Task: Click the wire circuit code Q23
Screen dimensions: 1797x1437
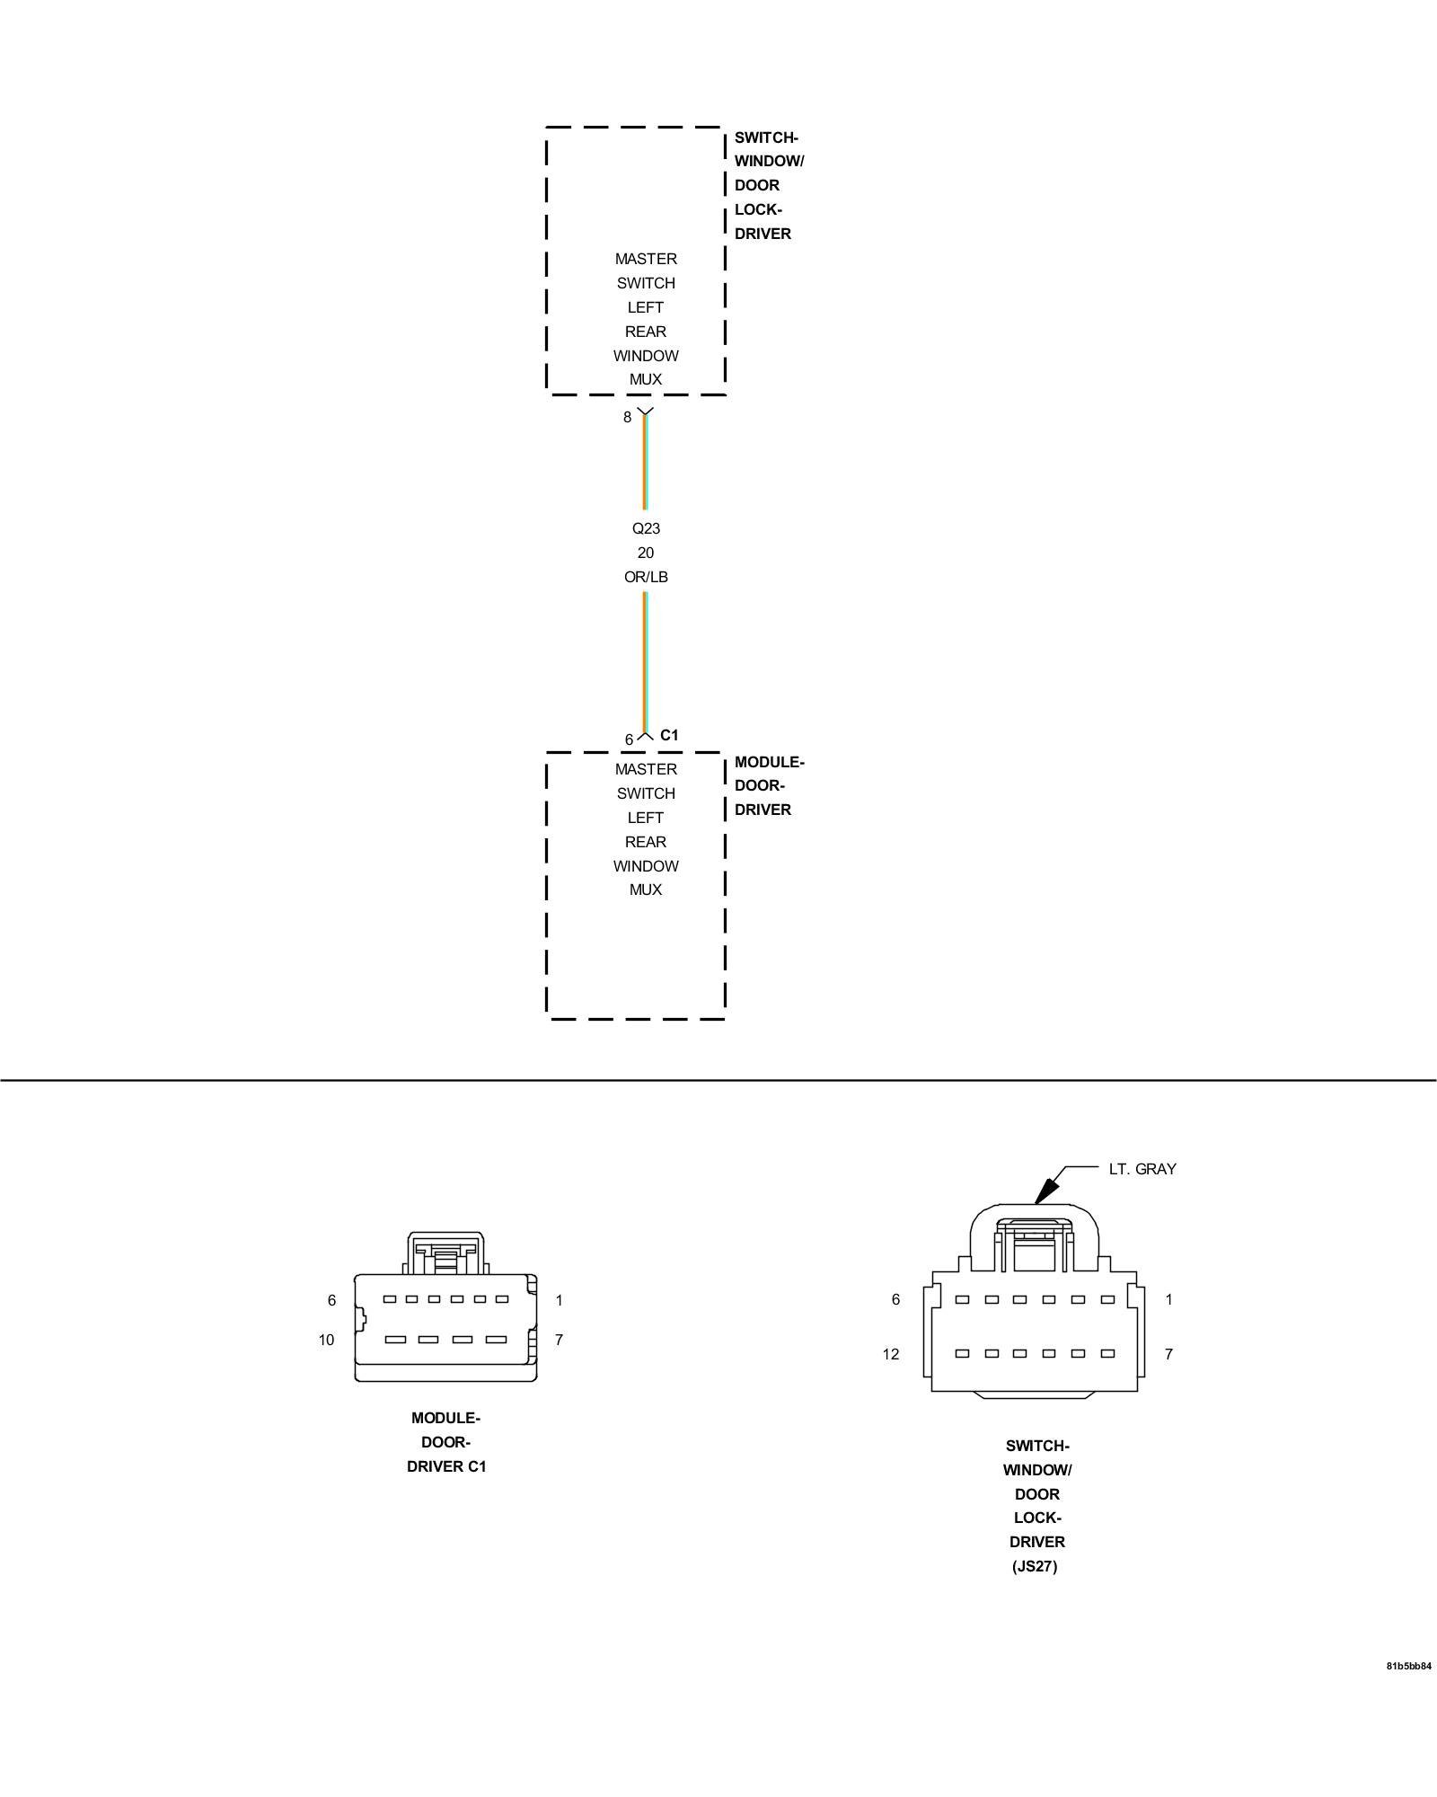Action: (646, 528)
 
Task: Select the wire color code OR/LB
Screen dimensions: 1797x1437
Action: (646, 577)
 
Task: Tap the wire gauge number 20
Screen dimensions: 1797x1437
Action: (646, 553)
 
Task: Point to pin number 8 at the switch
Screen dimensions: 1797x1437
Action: (628, 417)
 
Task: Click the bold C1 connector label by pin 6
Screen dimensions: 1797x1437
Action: (669, 735)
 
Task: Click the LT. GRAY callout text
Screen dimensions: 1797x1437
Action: (1142, 1169)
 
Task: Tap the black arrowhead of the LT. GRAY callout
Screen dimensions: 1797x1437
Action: (1044, 1192)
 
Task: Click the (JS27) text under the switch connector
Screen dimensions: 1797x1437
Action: (1036, 1566)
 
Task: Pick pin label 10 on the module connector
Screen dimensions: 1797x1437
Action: (326, 1340)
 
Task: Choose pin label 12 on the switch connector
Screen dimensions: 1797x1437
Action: (890, 1354)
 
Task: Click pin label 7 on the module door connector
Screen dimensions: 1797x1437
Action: (559, 1340)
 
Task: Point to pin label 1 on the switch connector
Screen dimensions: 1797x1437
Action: (1168, 1299)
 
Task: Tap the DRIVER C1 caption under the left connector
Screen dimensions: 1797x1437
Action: (446, 1466)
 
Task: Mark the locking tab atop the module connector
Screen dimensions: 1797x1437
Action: (445, 1253)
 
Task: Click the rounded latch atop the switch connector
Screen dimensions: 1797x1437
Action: (1036, 1235)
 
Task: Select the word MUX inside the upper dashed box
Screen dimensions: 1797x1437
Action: (646, 379)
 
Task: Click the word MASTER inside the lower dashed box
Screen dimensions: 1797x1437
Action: (646, 769)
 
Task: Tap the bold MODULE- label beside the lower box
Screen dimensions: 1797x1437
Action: (769, 762)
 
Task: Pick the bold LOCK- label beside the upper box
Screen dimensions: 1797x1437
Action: (758, 209)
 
